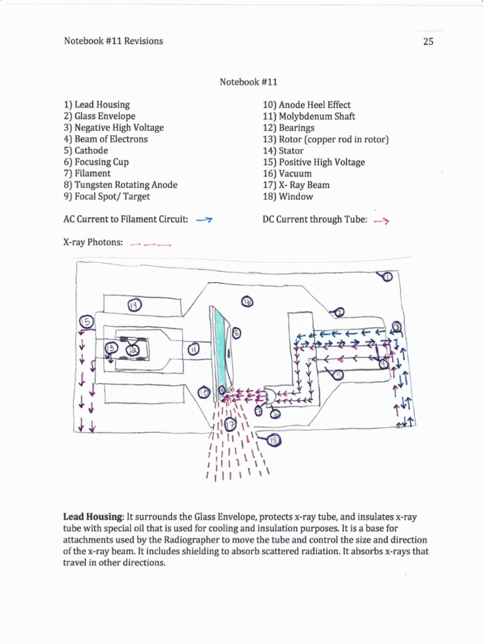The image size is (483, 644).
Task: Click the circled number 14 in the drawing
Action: coord(133,306)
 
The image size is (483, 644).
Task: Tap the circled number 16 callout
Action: coord(247,303)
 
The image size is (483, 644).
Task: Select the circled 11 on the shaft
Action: coord(194,347)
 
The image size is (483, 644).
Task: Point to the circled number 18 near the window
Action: coord(273,441)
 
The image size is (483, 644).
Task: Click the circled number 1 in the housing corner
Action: coord(386,277)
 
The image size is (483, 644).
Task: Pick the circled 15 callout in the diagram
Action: coord(87,322)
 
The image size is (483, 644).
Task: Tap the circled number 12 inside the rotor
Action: coord(133,350)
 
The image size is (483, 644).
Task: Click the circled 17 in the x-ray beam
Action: coord(230,425)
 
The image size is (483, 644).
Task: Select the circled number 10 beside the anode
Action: coord(203,392)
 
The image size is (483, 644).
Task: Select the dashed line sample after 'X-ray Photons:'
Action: coord(150,243)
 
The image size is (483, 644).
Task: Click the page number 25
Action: coord(428,42)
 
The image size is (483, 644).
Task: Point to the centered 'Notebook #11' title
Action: coord(248,82)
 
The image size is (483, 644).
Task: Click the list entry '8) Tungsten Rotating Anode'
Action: coord(120,185)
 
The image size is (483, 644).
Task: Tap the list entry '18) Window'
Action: coord(287,196)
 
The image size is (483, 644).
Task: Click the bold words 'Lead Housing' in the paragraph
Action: coord(94,516)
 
